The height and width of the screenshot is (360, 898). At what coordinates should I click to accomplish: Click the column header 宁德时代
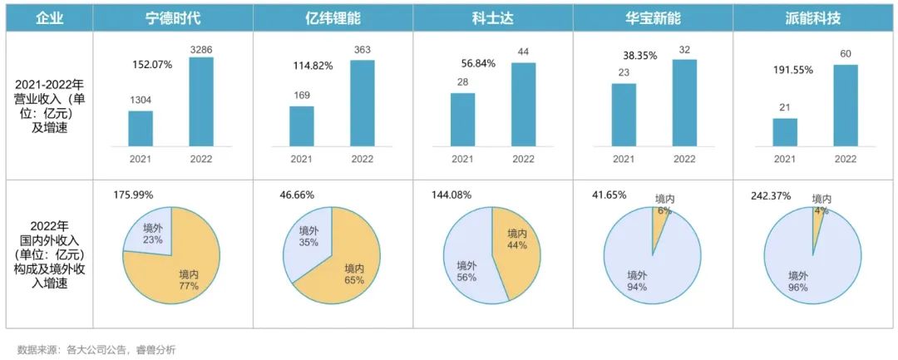point(173,17)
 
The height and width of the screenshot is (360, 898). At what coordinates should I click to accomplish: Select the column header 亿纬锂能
point(333,17)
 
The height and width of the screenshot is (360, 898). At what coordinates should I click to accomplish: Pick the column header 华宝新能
point(653,17)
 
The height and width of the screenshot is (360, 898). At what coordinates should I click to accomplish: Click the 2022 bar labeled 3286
point(201,101)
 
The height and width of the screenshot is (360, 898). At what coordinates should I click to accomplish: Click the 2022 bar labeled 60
point(845,105)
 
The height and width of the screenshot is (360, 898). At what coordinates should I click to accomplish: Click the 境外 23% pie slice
point(148,233)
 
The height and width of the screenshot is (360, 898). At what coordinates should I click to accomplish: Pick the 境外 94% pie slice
point(640,274)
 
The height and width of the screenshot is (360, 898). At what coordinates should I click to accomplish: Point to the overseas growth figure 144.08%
point(450,195)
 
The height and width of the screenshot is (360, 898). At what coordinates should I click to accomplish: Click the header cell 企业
point(49,17)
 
